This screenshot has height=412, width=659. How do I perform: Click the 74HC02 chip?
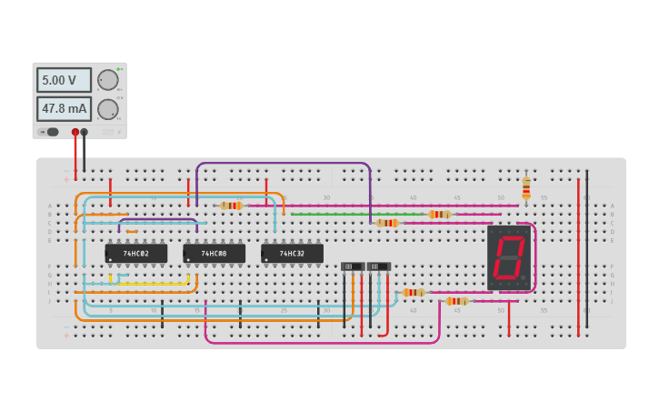[136, 254]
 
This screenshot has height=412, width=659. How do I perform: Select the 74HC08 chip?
[215, 254]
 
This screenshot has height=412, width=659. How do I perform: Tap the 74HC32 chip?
[292, 254]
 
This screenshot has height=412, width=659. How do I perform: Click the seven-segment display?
[508, 257]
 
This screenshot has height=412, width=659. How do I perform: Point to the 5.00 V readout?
[64, 80]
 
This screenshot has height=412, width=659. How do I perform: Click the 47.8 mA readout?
[64, 109]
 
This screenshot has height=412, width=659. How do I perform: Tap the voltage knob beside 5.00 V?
[107, 80]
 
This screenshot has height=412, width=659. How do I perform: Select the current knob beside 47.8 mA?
[107, 109]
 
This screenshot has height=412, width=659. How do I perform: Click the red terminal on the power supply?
[75, 132]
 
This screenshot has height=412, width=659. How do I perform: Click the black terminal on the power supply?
[85, 132]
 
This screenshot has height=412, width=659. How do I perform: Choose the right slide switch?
[379, 266]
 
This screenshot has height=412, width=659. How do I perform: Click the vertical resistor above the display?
[526, 188]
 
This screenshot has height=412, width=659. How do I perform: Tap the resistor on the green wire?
[440, 215]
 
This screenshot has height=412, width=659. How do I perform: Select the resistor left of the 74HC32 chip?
[232, 206]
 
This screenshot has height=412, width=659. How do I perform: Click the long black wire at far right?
[586, 246]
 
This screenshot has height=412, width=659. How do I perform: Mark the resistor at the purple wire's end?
[387, 223]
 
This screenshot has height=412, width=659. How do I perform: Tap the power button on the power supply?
[53, 132]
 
